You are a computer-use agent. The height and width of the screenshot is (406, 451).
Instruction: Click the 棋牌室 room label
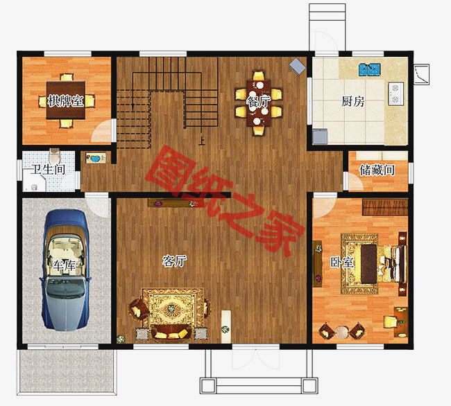tap(66, 101)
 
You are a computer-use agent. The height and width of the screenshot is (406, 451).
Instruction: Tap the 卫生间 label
tap(48, 170)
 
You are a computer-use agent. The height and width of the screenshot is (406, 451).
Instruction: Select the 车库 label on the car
tap(64, 265)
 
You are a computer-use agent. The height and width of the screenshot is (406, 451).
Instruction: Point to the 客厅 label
tap(175, 261)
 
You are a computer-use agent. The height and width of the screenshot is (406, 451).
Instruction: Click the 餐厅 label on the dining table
tap(258, 101)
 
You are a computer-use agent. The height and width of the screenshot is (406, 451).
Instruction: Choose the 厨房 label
tap(353, 101)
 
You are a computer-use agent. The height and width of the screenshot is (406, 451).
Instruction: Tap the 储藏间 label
tap(377, 170)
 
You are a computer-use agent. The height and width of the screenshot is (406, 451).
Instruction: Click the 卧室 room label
tap(341, 262)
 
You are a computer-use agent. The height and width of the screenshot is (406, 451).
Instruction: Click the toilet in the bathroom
tap(54, 156)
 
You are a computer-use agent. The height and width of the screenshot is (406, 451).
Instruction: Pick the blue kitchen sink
tap(370, 70)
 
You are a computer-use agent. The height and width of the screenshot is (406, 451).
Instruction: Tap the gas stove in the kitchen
tap(395, 94)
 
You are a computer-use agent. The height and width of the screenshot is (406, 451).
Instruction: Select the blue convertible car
tap(66, 270)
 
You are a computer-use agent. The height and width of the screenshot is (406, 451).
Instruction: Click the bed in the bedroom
tap(379, 264)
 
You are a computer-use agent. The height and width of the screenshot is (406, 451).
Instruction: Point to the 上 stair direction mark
tap(202, 141)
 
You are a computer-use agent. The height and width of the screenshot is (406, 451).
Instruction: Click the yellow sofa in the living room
tap(171, 333)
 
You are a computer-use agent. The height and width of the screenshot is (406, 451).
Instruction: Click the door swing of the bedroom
tap(323, 206)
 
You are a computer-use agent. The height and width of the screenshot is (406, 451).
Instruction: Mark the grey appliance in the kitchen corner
tap(320, 136)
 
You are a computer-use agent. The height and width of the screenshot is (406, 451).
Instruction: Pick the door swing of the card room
tap(102, 130)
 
